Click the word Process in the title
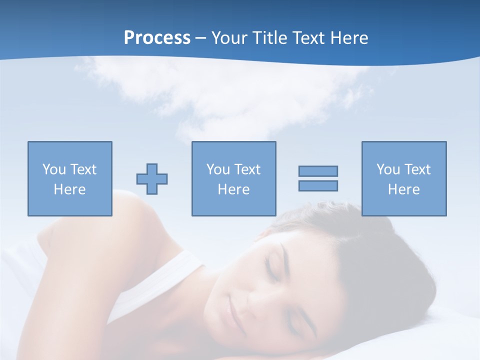coord(157,38)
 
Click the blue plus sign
coord(152,179)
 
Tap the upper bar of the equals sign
coord(318,171)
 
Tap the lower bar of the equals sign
coord(318,185)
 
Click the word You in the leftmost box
coord(54,169)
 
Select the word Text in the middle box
coord(248,169)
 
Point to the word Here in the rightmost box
coord(404,189)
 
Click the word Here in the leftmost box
coord(70,189)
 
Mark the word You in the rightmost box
coord(388,169)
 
